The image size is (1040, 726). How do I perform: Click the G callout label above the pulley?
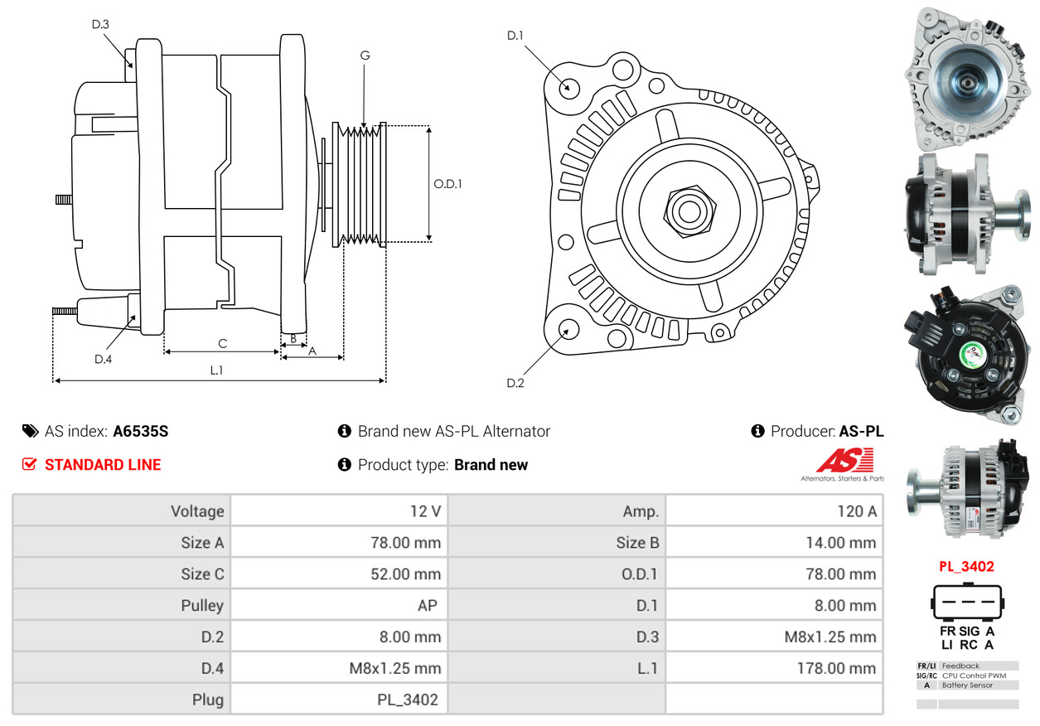click(x=365, y=56)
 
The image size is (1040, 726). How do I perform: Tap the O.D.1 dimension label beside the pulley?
click(x=447, y=184)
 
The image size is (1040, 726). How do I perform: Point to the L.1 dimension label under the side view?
click(x=216, y=370)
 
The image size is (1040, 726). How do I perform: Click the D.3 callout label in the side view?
click(x=100, y=24)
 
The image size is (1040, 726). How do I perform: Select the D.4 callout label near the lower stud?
click(x=103, y=359)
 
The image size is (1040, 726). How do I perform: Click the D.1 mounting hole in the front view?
click(x=568, y=88)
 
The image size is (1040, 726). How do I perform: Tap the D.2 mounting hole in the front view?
click(x=568, y=329)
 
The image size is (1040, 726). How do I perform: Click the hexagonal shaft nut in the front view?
click(x=689, y=211)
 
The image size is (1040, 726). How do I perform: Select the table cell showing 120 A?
click(x=857, y=511)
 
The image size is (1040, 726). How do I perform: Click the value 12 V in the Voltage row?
click(x=425, y=511)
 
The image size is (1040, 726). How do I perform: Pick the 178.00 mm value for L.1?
click(x=836, y=668)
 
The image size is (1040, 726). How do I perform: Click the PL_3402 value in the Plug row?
click(x=407, y=699)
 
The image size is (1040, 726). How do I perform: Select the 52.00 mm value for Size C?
click(x=405, y=574)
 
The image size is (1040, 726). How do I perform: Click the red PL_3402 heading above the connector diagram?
click(x=966, y=566)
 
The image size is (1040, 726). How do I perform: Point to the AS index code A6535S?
click(x=141, y=431)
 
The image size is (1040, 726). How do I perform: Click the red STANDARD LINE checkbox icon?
click(x=29, y=464)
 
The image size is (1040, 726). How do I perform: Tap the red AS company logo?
click(x=845, y=460)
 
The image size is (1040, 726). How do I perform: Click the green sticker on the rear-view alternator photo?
click(x=972, y=355)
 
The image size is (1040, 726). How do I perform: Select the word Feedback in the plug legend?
click(x=960, y=665)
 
